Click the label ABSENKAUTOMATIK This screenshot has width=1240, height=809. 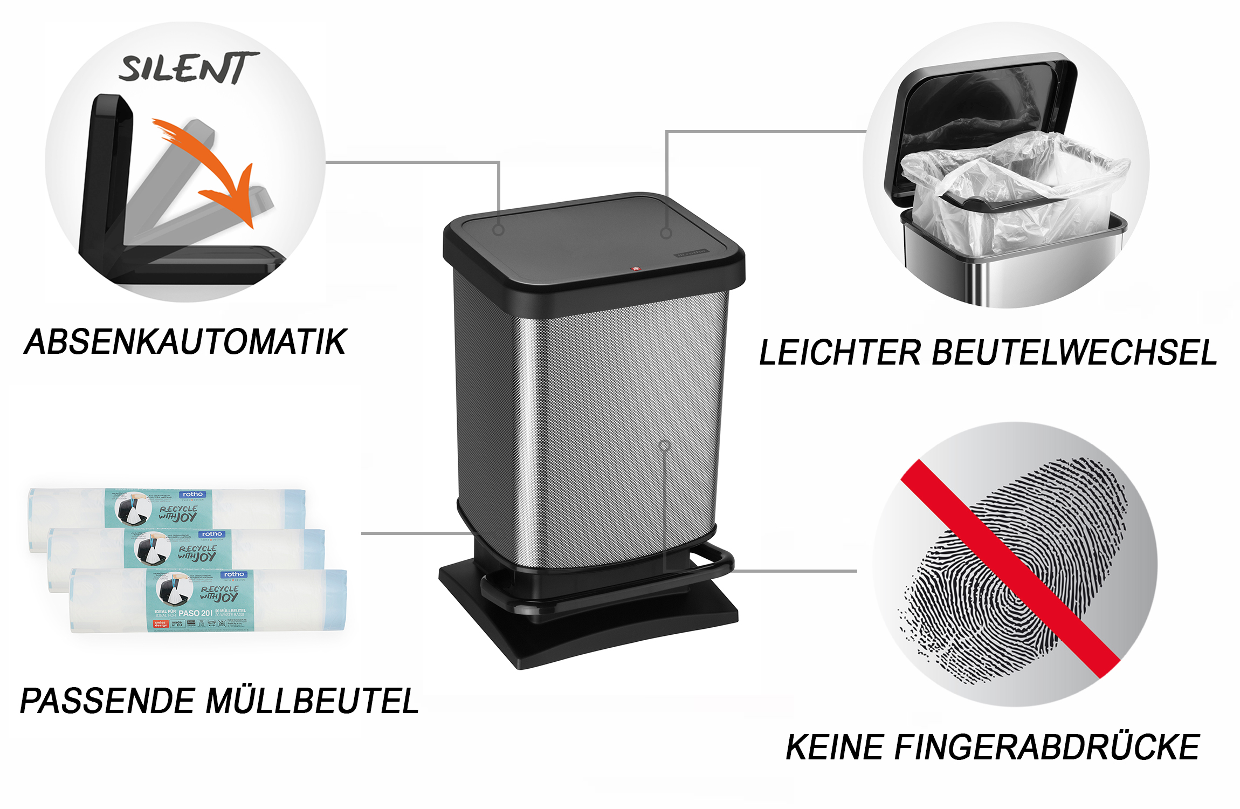[x=185, y=342]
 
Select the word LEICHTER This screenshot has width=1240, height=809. [x=839, y=353]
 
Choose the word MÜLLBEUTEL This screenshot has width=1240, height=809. [x=313, y=701]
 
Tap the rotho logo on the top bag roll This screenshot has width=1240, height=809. [x=192, y=494]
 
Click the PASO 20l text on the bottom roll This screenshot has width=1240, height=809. [x=195, y=613]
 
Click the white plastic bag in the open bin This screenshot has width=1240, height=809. [x=1014, y=189]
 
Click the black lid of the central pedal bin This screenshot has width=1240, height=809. [x=593, y=243]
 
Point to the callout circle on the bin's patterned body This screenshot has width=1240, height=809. [x=664, y=445]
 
